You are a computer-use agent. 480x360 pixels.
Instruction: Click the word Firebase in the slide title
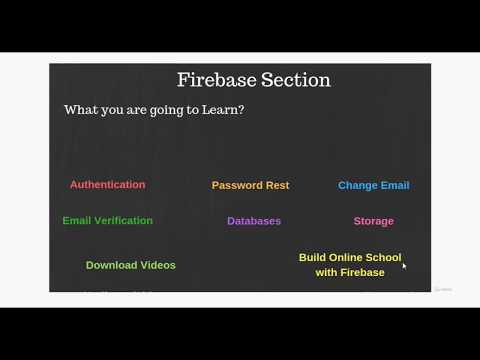[x=216, y=80]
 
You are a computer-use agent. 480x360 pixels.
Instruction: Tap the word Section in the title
[x=295, y=80]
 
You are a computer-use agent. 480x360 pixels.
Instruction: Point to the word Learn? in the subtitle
[x=223, y=110]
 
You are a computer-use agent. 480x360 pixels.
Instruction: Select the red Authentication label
[x=107, y=185]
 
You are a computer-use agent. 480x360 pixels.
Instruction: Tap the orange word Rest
[x=277, y=185]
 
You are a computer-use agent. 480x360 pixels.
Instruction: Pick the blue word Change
[x=357, y=185]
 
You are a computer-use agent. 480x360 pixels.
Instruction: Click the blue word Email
[x=395, y=185]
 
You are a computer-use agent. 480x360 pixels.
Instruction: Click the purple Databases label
[x=254, y=221]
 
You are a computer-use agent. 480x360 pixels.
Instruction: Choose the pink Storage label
[x=373, y=221]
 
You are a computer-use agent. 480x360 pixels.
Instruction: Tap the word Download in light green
[x=113, y=265]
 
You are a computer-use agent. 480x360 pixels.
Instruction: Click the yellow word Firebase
[x=363, y=272]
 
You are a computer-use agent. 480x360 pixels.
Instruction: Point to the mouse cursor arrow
[x=404, y=265]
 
